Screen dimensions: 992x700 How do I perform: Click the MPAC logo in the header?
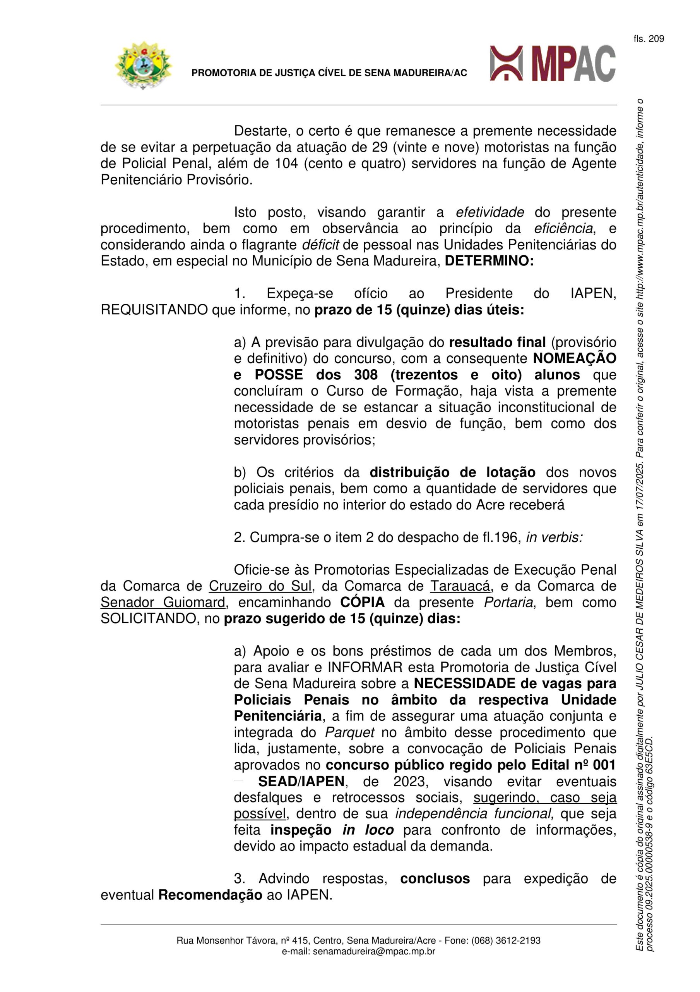553,64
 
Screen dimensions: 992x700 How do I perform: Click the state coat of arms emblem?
143,65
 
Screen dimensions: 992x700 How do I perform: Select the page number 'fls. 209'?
649,39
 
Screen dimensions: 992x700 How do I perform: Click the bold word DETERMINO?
489,261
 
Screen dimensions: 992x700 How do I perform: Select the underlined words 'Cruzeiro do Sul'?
260,586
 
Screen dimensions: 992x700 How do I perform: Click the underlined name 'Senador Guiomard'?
163,602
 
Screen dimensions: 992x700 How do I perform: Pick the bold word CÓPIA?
362,602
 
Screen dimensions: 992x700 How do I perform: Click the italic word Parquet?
349,732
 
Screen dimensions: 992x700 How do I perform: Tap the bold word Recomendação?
210,895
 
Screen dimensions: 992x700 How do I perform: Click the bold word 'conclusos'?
435,878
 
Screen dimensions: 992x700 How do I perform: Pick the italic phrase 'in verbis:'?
554,537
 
